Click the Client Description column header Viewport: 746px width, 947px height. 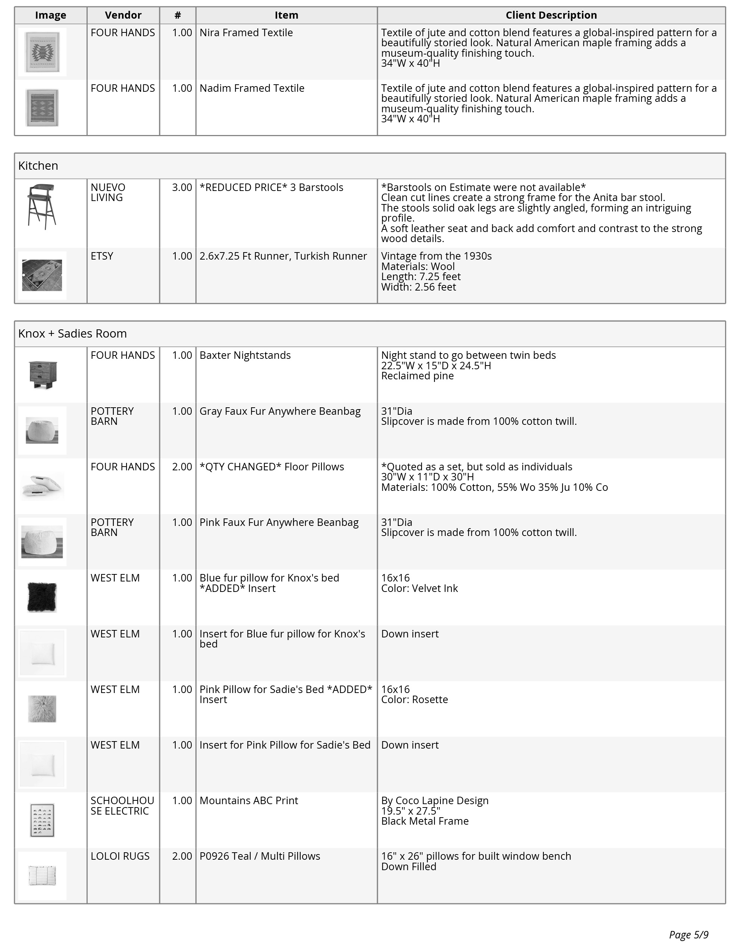551,15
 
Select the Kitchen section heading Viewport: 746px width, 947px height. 38,166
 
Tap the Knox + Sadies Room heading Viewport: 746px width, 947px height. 72,333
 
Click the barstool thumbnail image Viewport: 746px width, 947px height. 41,207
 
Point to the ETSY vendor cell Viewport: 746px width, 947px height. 102,256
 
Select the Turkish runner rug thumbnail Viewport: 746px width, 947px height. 42,275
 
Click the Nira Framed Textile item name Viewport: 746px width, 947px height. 246,33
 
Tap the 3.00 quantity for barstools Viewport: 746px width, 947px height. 182,187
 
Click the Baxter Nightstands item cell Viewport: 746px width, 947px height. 245,355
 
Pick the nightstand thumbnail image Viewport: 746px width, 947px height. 43,375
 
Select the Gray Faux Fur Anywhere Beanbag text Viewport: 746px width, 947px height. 280,411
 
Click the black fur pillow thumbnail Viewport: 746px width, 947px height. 42,597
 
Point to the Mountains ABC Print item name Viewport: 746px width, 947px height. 248,800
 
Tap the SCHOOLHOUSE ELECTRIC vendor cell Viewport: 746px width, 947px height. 122,806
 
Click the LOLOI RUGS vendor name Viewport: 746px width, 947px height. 120,856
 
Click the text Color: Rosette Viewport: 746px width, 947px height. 414,699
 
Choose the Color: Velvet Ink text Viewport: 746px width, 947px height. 419,589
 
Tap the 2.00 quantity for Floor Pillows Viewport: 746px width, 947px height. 182,467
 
